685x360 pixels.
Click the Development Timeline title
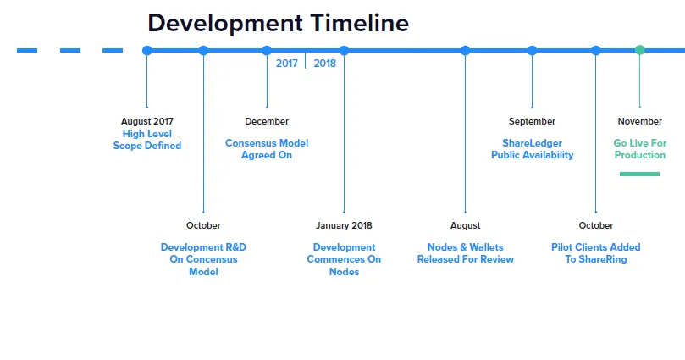pos(279,24)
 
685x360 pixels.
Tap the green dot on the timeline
pos(639,50)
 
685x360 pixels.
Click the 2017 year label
pos(286,64)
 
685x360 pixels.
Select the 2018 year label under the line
pos(324,64)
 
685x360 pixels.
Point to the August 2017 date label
pos(147,121)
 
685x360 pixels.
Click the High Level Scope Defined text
pos(147,140)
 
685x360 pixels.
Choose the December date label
pos(267,121)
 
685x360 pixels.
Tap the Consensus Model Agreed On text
pos(267,149)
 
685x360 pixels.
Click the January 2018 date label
pos(345,225)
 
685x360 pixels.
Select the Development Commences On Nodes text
pos(345,259)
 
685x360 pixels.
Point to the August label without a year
pos(465,225)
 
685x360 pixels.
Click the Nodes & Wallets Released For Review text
pos(465,253)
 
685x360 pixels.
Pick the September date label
pos(532,121)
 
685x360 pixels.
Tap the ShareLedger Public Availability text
pos(532,149)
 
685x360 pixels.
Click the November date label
pos(639,121)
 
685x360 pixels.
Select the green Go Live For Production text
pos(639,149)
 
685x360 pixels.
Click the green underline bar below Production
pos(639,174)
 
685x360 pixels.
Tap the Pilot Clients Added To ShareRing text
pos(596,253)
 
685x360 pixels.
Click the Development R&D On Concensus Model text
pos(203,259)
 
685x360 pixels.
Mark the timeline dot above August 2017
pos(147,50)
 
